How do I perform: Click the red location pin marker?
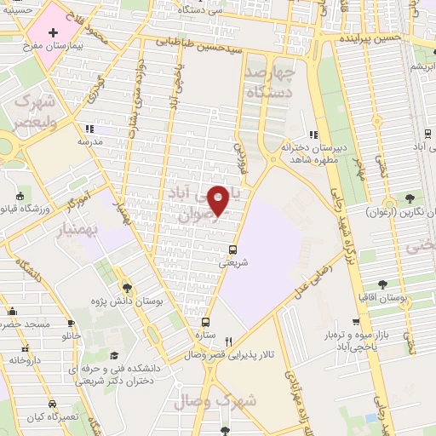[x=219, y=199]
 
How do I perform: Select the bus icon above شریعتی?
[x=233, y=250]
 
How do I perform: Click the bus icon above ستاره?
[x=205, y=322]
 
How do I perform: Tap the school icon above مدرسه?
[x=88, y=129]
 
